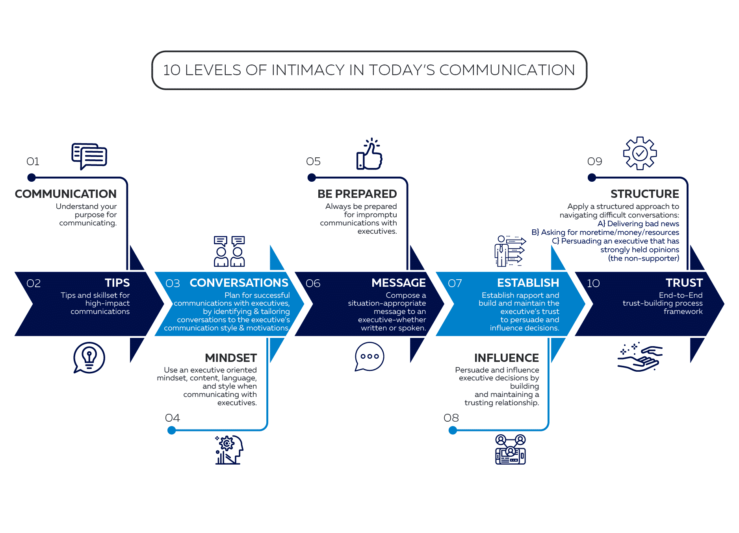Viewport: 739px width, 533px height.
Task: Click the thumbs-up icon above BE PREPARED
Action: coord(369,155)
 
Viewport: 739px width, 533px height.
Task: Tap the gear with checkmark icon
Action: coord(640,153)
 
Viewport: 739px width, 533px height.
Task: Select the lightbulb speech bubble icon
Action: coord(89,358)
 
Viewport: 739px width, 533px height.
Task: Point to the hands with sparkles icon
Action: coord(640,357)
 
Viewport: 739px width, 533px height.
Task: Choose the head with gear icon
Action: coord(229,450)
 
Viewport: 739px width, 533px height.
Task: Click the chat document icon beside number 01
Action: coord(89,156)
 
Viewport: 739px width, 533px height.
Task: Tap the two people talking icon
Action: coord(229,252)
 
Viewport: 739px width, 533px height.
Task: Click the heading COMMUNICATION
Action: coord(66,194)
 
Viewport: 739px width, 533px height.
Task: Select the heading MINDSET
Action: coord(231,358)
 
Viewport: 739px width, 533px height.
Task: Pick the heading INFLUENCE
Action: coord(507,358)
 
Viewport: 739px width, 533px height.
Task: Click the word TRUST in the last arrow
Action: coord(684,283)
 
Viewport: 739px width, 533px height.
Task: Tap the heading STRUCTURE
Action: coord(645,194)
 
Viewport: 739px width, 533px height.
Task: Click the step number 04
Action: coord(173,418)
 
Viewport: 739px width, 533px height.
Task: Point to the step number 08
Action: coord(451,418)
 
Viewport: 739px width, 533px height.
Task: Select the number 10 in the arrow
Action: coord(593,284)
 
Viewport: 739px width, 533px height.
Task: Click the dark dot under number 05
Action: coord(312,178)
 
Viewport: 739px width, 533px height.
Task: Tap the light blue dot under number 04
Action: coord(172,430)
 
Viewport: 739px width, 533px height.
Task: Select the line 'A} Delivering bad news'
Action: coord(638,224)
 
